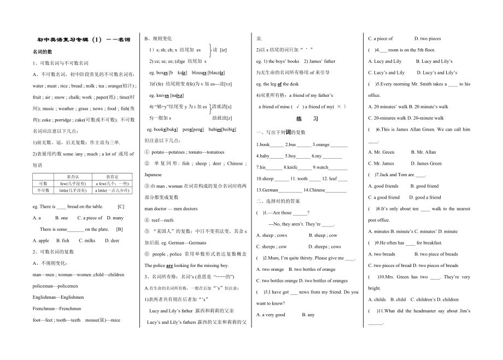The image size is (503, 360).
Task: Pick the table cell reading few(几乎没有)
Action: point(72,183)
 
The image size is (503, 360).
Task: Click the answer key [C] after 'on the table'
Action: point(121,207)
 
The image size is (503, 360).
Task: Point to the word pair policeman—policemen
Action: point(55,286)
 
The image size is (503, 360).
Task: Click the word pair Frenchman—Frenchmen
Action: point(57,309)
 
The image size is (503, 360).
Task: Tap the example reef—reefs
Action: point(162,220)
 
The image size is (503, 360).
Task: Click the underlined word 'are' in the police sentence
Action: point(169,265)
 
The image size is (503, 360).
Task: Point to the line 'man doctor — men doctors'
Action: point(171,208)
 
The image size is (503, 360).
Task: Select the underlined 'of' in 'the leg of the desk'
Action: point(279,84)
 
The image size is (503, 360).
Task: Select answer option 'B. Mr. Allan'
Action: point(423,152)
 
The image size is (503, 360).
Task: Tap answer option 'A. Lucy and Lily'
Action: point(385,61)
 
